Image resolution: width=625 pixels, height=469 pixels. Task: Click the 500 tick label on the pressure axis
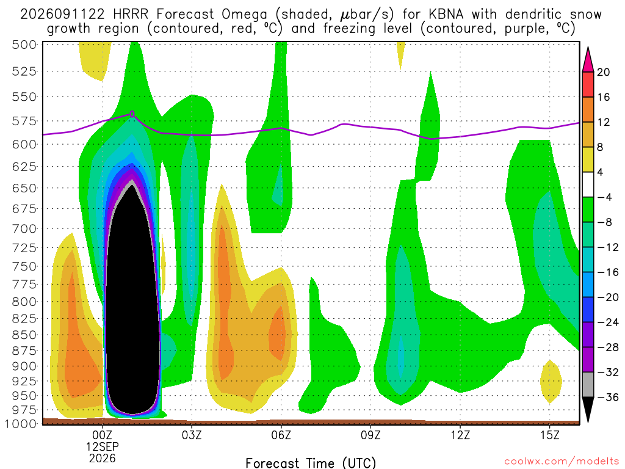24,45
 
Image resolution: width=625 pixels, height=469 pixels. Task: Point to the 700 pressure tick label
24,229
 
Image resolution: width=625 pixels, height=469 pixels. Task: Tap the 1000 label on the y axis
21,424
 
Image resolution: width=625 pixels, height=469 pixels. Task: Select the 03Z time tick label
192,435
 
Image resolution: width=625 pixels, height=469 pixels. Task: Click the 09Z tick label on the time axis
370,435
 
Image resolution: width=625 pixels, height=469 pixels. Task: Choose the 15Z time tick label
550,435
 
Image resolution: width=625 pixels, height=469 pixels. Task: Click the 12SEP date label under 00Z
103,446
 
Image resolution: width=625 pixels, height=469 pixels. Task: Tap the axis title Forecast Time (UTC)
311,463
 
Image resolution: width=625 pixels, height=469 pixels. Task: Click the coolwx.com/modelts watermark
562,462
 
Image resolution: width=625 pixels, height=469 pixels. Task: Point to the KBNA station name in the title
446,15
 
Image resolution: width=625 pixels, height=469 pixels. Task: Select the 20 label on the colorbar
603,72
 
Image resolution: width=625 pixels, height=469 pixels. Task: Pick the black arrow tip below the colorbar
588,421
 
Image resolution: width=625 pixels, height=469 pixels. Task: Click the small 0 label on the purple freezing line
132,114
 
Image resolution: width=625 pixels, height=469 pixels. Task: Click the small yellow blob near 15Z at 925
551,382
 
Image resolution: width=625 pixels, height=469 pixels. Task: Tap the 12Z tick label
460,435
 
